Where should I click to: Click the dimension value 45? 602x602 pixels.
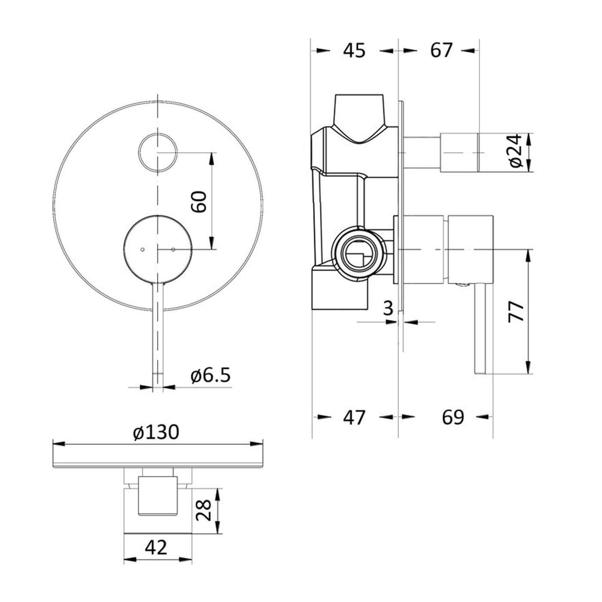[x=354, y=50]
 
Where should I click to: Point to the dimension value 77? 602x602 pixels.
[x=516, y=312]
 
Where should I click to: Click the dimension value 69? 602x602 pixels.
[x=453, y=417]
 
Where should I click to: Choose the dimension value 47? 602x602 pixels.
[x=354, y=417]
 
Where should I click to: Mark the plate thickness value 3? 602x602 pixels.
[x=389, y=308]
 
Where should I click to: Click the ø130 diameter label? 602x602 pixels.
[x=156, y=432]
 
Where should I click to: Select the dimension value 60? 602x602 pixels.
[x=200, y=201]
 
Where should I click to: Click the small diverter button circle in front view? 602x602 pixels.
[x=158, y=152]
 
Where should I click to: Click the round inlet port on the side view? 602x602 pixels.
[x=358, y=250]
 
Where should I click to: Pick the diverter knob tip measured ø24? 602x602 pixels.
[x=460, y=152]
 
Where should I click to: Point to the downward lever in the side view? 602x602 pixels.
[x=481, y=329]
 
